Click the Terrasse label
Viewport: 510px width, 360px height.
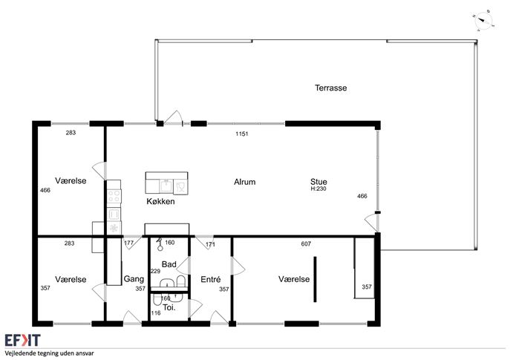(330, 88)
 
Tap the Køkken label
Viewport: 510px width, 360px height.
(160, 201)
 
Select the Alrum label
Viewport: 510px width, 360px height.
(244, 182)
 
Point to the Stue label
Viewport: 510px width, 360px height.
(318, 181)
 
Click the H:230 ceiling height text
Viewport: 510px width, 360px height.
(318, 189)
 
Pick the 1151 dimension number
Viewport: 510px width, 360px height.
(242, 134)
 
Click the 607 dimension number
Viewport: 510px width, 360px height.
(306, 243)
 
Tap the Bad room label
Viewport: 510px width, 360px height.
(169, 264)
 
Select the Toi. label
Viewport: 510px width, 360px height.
(169, 307)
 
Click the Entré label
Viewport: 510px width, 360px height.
(211, 279)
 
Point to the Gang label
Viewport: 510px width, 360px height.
(134, 279)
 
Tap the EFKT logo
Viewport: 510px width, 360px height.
(22, 340)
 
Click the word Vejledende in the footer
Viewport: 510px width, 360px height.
(19, 353)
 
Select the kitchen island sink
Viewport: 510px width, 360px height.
(166, 186)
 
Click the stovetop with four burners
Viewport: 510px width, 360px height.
(114, 197)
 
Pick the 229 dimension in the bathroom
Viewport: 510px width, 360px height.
(155, 271)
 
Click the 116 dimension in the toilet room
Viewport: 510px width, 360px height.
(156, 312)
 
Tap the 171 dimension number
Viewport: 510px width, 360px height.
(210, 244)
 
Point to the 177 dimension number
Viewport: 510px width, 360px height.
(129, 243)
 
